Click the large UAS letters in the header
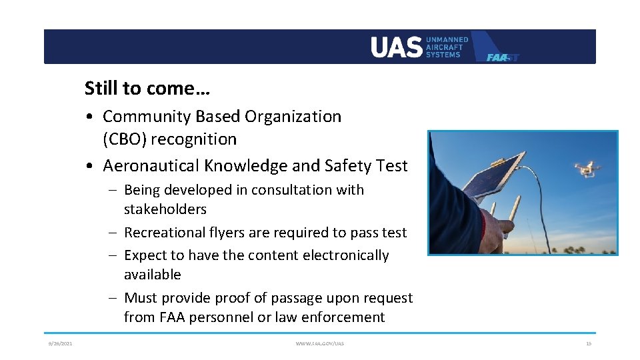tap(397, 47)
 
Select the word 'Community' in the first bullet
tap(147, 117)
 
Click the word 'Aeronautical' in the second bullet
tap(154, 166)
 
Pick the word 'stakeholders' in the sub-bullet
tap(165, 209)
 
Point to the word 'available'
tap(153, 275)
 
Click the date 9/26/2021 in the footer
tap(60, 343)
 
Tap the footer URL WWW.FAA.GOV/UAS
tap(320, 343)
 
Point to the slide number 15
tap(588, 343)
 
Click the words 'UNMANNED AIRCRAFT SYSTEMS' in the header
tap(447, 47)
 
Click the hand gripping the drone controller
tap(493, 230)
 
